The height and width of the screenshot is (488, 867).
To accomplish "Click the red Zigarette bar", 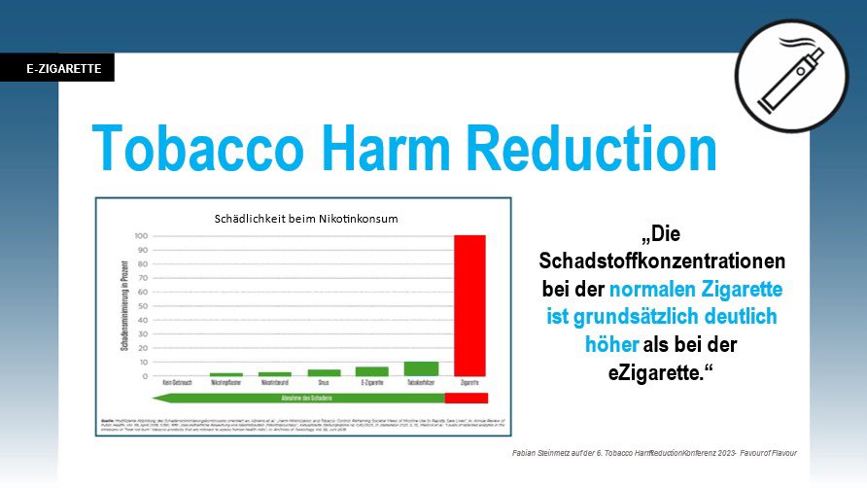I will [469, 305].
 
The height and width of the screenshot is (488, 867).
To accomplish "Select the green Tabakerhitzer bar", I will [421, 368].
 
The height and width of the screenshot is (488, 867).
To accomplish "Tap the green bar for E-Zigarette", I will [371, 370].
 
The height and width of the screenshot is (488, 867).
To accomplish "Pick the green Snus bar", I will [324, 372].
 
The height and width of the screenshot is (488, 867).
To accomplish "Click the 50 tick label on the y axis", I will [142, 306].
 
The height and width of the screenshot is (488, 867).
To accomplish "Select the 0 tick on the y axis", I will [144, 376].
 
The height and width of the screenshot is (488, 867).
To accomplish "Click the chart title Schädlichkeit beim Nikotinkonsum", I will [306, 219].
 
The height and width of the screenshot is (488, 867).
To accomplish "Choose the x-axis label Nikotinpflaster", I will [226, 385].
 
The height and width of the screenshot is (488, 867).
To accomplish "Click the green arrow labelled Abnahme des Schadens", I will [296, 399].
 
